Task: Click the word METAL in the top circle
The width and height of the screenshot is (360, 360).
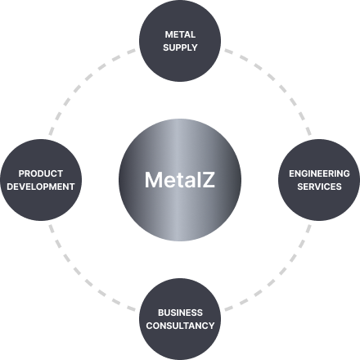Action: pyautogui.click(x=180, y=34)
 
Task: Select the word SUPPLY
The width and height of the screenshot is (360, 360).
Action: pyautogui.click(x=180, y=47)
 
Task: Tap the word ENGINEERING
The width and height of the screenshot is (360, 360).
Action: pyautogui.click(x=319, y=173)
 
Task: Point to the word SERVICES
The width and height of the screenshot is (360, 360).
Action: pyautogui.click(x=319, y=187)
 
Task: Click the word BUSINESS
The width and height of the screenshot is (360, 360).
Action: pyautogui.click(x=180, y=313)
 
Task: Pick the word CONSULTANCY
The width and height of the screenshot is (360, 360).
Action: pyautogui.click(x=180, y=326)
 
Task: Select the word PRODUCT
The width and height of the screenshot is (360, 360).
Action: pyautogui.click(x=41, y=173)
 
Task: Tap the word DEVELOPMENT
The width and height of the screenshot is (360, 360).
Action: pyautogui.click(x=41, y=187)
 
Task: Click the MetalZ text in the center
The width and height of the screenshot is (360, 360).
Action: pyautogui.click(x=180, y=180)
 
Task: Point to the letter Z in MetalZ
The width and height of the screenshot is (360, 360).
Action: pyautogui.click(x=209, y=180)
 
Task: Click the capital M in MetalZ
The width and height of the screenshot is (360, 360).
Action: pyautogui.click(x=153, y=180)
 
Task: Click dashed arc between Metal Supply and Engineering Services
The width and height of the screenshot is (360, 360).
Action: pyautogui.click(x=278, y=82)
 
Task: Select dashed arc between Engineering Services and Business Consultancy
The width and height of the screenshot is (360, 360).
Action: pyautogui.click(x=278, y=278)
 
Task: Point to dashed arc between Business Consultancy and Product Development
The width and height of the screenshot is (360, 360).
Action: pyautogui.click(x=82, y=278)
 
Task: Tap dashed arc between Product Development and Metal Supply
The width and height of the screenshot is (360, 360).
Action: pyautogui.click(x=82, y=82)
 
